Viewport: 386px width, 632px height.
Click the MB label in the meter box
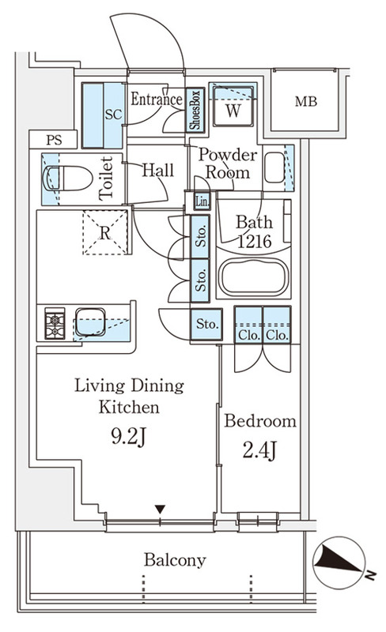[x=305, y=102]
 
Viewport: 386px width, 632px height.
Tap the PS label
[x=54, y=141]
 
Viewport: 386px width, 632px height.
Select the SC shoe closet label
[x=113, y=115]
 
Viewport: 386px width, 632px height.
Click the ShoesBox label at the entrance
[x=195, y=110]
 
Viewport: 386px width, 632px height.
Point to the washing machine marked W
[x=233, y=107]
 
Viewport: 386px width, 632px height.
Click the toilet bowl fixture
[x=68, y=178]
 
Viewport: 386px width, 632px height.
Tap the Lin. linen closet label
[x=202, y=201]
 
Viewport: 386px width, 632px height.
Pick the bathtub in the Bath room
[x=254, y=277]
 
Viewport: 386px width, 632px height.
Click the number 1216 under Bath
[x=255, y=242]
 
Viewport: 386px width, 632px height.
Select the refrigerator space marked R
[x=105, y=232]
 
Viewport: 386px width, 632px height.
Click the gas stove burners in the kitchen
[x=55, y=323]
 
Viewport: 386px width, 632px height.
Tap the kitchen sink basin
[x=90, y=322]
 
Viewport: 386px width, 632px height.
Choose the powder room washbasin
[x=275, y=167]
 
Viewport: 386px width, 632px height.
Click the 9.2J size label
[x=127, y=437]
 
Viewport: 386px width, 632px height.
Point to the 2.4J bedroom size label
[x=259, y=450]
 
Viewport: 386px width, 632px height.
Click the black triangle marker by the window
[x=161, y=510]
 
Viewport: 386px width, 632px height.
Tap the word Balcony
[x=175, y=560]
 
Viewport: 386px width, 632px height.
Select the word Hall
[x=158, y=171]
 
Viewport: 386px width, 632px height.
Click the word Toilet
[x=106, y=179]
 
